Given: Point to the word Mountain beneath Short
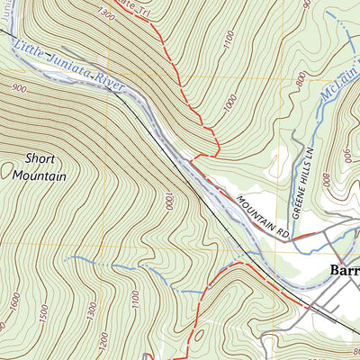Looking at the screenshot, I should (x=40, y=175).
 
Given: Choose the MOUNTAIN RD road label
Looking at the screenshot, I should (x=264, y=216).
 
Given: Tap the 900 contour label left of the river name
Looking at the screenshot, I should (x=18, y=87).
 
